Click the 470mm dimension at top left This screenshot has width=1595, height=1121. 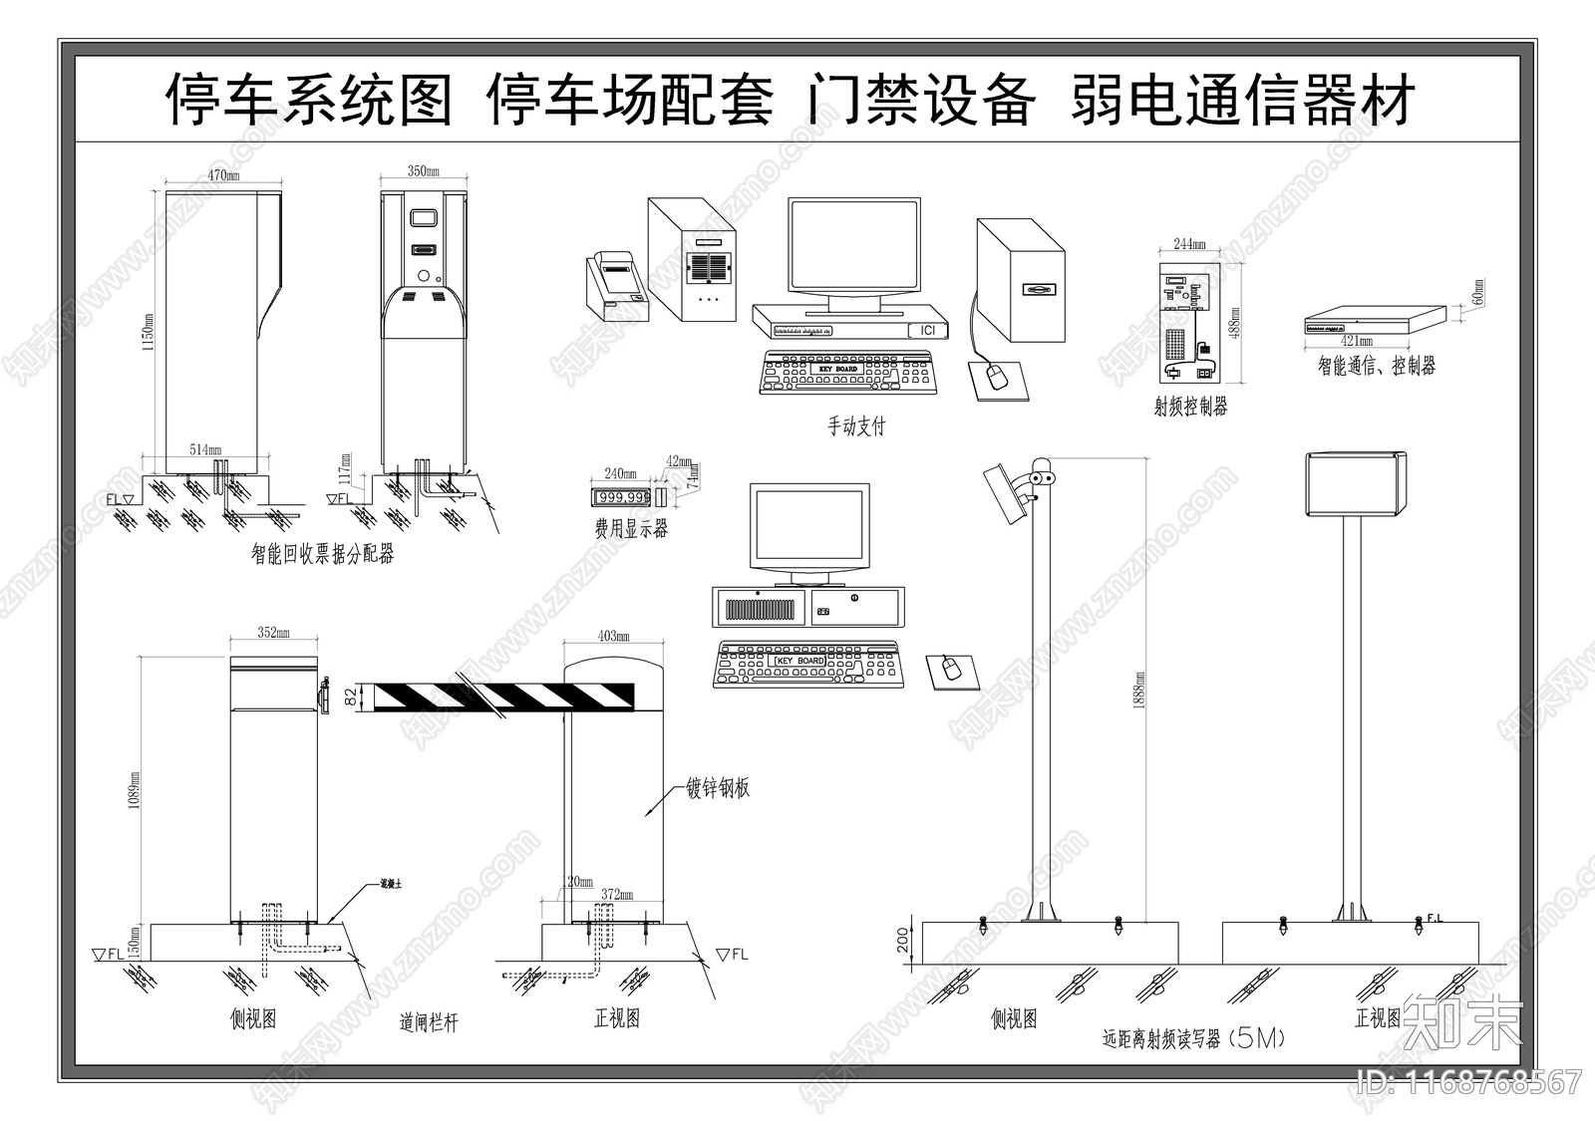click(x=222, y=174)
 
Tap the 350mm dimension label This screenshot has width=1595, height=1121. click(x=423, y=170)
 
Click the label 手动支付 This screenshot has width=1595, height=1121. click(x=856, y=426)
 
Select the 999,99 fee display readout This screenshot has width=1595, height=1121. click(x=623, y=496)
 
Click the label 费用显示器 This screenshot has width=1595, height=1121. click(x=631, y=529)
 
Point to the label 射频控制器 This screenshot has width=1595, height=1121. click(x=1190, y=407)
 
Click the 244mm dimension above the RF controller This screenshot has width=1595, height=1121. click(x=1188, y=244)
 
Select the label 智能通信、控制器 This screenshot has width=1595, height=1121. click(x=1376, y=366)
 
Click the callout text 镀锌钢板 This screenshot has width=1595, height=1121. click(x=718, y=788)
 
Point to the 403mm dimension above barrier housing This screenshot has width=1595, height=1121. click(x=613, y=636)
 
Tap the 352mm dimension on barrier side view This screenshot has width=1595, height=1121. click(x=273, y=632)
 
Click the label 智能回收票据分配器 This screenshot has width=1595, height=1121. click(x=322, y=555)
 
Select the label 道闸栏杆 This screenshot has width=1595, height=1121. click(x=429, y=1022)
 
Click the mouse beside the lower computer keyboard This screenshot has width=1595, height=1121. click(x=952, y=669)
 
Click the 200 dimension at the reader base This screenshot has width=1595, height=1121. click(x=903, y=941)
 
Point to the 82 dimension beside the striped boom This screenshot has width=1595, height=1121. click(x=350, y=697)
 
